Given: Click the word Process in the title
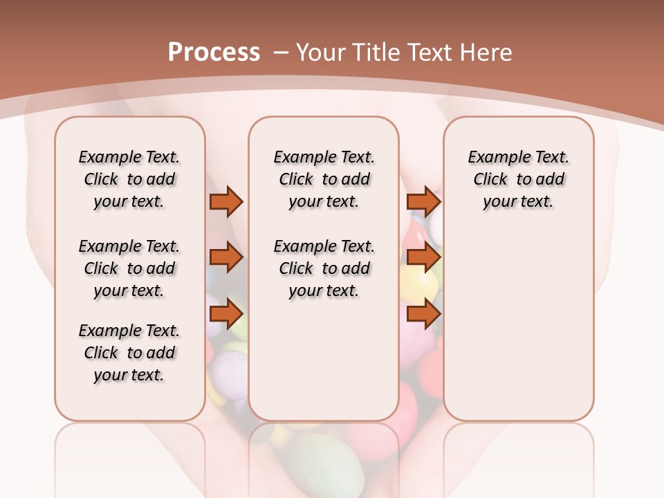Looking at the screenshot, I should coord(214,52).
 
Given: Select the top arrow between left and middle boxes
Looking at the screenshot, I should coord(226,201).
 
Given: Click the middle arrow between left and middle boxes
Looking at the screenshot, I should coord(226,257).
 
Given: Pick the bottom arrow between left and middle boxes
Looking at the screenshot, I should coord(226,313).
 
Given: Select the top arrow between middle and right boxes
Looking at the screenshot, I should coord(423,201).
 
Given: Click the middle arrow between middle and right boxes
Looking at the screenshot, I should coord(423,257).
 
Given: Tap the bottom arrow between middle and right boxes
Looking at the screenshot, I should coord(423,313).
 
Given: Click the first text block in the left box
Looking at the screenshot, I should coord(129,179).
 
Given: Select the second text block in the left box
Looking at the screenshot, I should coord(129,268).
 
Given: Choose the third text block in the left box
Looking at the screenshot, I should coord(129,353).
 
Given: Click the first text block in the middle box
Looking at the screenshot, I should coord(324,179).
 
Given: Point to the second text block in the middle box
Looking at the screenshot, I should coord(324,268).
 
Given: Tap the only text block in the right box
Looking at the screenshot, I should coord(519,179).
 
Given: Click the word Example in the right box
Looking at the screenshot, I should coord(492,157).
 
